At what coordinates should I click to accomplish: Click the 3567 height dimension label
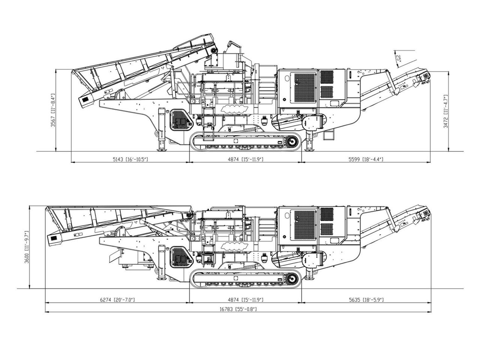coord(53,110)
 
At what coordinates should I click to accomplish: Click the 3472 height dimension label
coord(446,111)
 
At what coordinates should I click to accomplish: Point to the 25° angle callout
coord(398,58)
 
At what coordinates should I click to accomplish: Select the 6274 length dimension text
coord(117,300)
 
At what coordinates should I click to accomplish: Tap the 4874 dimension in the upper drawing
coord(246,159)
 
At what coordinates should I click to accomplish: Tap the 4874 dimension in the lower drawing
coord(246,300)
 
